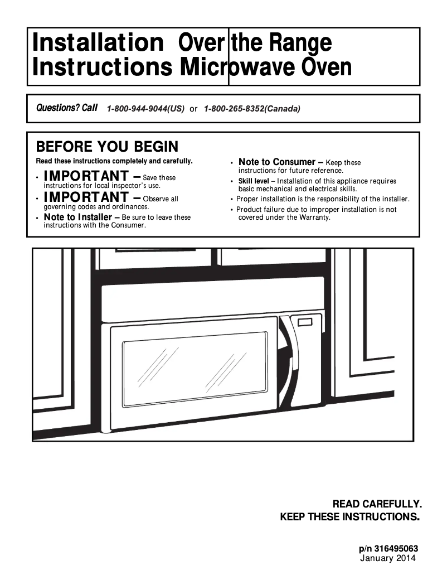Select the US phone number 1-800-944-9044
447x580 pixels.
[145, 109]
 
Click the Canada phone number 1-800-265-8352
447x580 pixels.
[252, 109]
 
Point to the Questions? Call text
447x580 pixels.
[66, 108]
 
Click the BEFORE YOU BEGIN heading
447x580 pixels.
[107, 147]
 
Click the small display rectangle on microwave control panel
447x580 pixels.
[305, 322]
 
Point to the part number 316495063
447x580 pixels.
[396, 549]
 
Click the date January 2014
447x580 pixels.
[388, 558]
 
